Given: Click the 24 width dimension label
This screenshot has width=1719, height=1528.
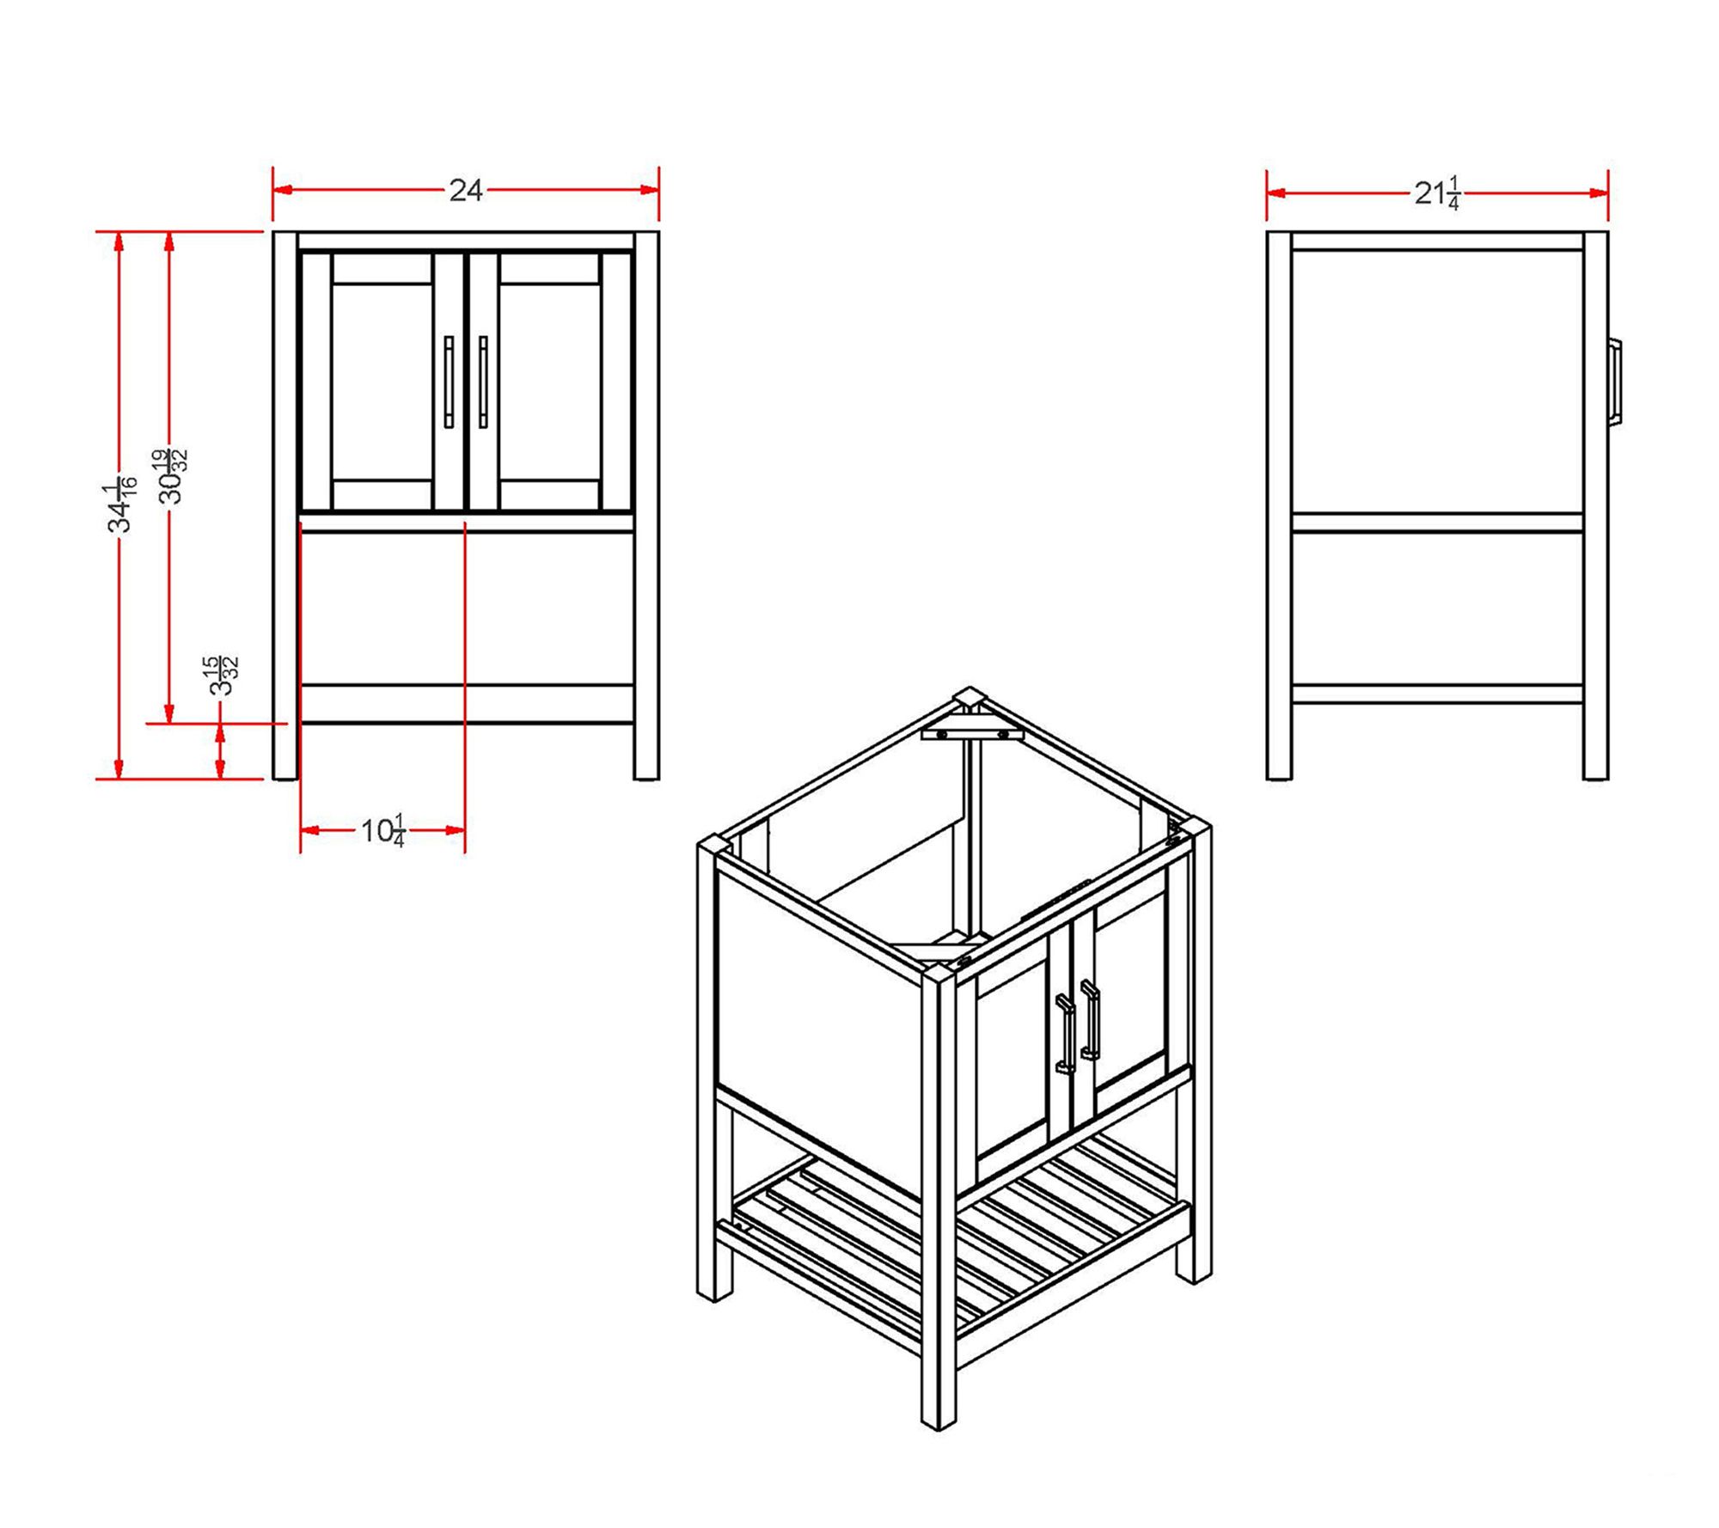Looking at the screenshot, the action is (465, 190).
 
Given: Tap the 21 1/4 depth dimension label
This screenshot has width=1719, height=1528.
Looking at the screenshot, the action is (1437, 193).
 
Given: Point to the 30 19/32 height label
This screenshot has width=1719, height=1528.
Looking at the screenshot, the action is (171, 476).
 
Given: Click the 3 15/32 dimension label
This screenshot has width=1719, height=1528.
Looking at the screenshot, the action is (221, 675).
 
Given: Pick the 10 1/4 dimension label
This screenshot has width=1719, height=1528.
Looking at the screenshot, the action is (382, 831).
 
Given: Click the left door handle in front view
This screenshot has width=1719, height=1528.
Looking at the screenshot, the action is (449, 382).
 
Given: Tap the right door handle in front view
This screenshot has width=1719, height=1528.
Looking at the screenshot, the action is (483, 382).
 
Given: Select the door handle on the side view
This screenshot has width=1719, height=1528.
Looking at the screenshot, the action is (1615, 382).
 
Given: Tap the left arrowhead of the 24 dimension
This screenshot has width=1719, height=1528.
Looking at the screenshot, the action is (284, 190).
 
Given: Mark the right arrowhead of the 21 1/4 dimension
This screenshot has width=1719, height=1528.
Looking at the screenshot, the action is (1597, 193).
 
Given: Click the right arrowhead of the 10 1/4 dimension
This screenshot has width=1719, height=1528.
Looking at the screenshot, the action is (454, 830).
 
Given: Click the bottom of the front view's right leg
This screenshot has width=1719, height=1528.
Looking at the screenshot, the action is (646, 777).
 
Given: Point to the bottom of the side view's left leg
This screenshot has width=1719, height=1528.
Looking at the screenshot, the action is (1279, 777).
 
